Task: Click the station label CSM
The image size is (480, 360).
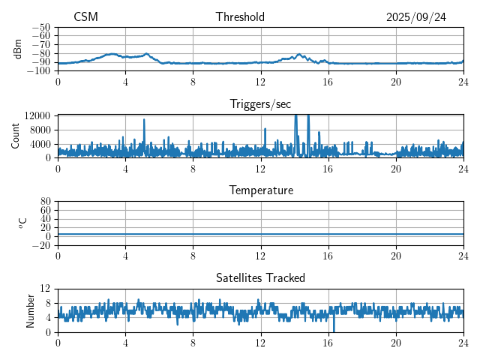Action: click(85, 17)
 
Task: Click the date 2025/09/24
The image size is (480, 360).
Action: click(416, 17)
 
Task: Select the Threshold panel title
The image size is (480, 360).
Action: click(240, 17)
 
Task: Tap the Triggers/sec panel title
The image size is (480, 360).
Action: click(260, 104)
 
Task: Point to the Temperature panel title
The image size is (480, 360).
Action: click(260, 190)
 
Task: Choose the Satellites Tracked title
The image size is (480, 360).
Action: click(260, 277)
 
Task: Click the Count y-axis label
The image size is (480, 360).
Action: click(16, 136)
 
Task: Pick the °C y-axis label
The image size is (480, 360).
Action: click(22, 223)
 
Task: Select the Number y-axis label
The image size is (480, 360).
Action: click(31, 310)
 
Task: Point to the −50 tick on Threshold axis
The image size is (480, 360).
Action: click(41, 27)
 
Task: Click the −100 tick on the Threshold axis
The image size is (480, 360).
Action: click(38, 71)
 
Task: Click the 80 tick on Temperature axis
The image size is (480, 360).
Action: click(45, 202)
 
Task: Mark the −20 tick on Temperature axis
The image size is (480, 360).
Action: click(41, 245)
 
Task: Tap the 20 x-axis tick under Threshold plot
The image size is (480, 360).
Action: click(396, 81)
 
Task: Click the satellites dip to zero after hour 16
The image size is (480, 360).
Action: click(334, 330)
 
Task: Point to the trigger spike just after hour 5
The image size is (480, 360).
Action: click(144, 120)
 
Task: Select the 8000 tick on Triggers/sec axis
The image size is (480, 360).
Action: click(40, 129)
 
